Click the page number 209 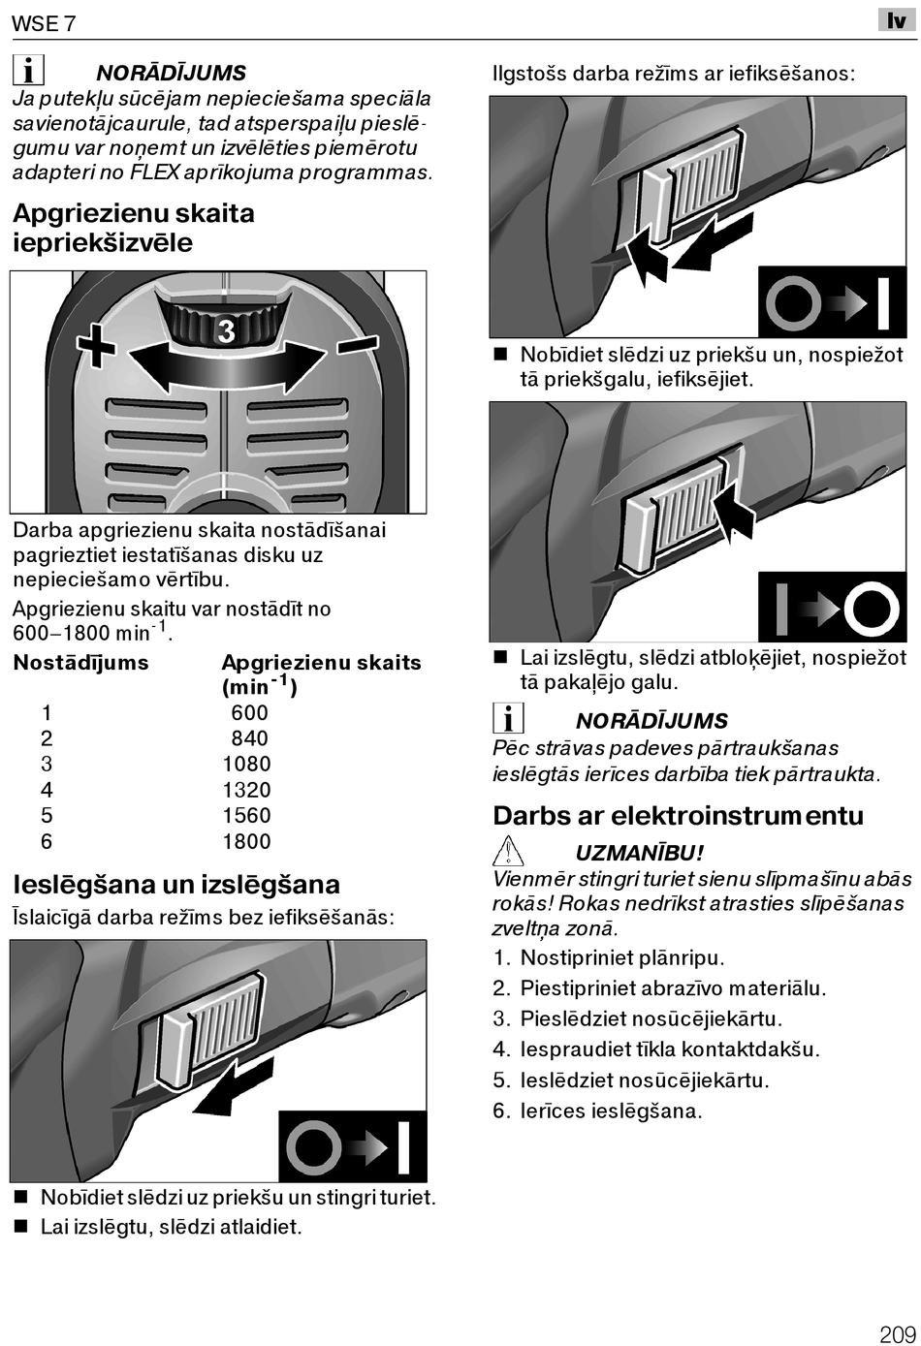(897, 1333)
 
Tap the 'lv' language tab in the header (897, 20)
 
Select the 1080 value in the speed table (246, 764)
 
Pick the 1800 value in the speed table (246, 841)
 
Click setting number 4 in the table (47, 790)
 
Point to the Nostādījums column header (80, 663)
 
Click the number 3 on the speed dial (226, 332)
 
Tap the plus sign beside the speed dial (97, 345)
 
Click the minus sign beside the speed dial (358, 345)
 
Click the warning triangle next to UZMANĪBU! (508, 852)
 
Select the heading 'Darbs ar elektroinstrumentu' (678, 816)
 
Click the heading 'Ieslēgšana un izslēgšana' (176, 885)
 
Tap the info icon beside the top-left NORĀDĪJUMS (29, 71)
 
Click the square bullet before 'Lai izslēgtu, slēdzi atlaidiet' (20, 1228)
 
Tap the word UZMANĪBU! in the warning (640, 853)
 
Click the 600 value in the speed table (249, 712)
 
